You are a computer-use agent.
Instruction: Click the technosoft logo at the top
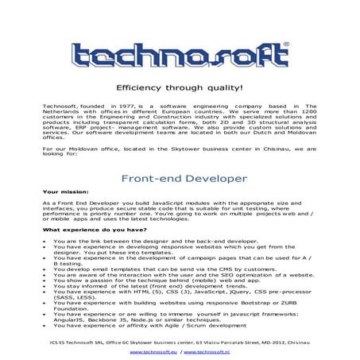[180, 55]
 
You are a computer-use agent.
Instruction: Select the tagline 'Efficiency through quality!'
[179, 87]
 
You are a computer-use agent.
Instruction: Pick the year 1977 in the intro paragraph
[123, 105]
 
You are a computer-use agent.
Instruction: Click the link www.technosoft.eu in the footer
[154, 350]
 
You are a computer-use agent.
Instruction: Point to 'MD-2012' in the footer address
[277, 341]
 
